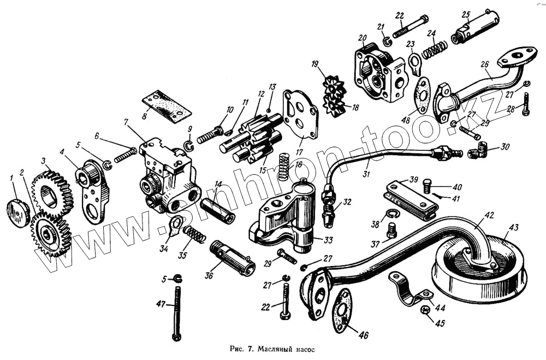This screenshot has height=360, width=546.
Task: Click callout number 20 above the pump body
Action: click(361, 38)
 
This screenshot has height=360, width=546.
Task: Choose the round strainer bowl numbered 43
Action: click(480, 265)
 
